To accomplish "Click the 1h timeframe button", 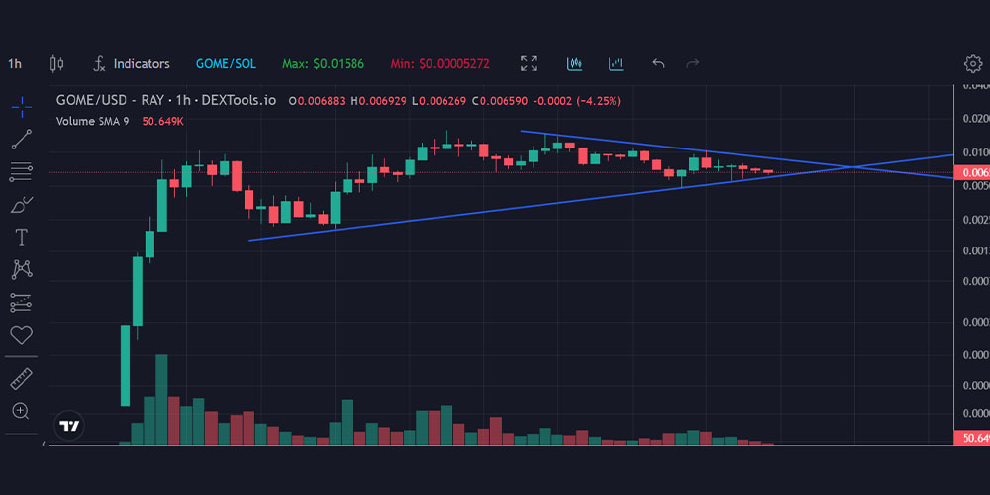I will pos(15,64).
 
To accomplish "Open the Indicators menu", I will pos(132,64).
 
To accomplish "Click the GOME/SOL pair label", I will pos(226,64).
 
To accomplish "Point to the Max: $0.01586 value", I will pos(323,64).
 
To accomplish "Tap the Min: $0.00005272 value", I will pos(441,64).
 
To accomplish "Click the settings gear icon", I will pos(972,64).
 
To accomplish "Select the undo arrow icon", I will pos(658,64).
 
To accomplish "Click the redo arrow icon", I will pos(693,64).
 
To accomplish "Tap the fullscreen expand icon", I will pos(529,64).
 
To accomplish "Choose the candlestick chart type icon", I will pos(56,64).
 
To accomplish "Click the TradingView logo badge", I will pos(69,426).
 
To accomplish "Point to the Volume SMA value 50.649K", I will pos(163,121).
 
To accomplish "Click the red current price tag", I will pos(970,172).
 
